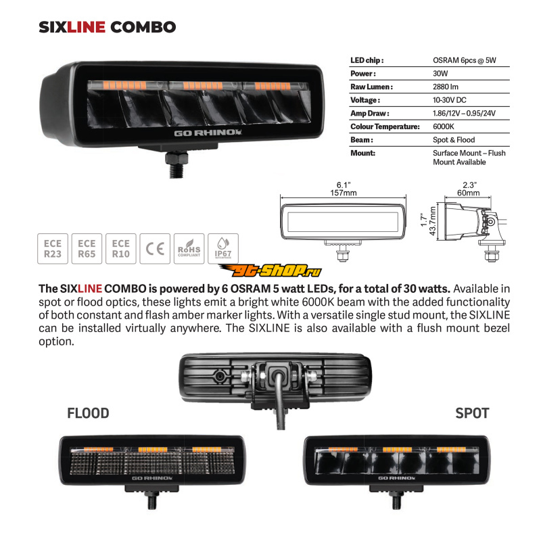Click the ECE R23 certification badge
point(53,249)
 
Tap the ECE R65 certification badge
point(87,249)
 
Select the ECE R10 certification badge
point(121,249)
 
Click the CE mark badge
point(155,249)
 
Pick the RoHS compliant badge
point(189,249)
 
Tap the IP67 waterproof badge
point(223,249)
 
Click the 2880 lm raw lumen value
point(446,87)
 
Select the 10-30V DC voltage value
point(450,100)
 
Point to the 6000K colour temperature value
point(444,126)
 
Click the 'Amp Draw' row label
point(369,113)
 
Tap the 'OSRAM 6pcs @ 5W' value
point(465,60)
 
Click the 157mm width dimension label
point(344,193)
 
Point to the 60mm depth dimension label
point(468,193)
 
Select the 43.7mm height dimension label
point(433,221)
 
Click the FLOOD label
point(88,413)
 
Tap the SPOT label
point(472,413)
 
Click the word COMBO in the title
point(143,27)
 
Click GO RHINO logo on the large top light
point(208,133)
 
